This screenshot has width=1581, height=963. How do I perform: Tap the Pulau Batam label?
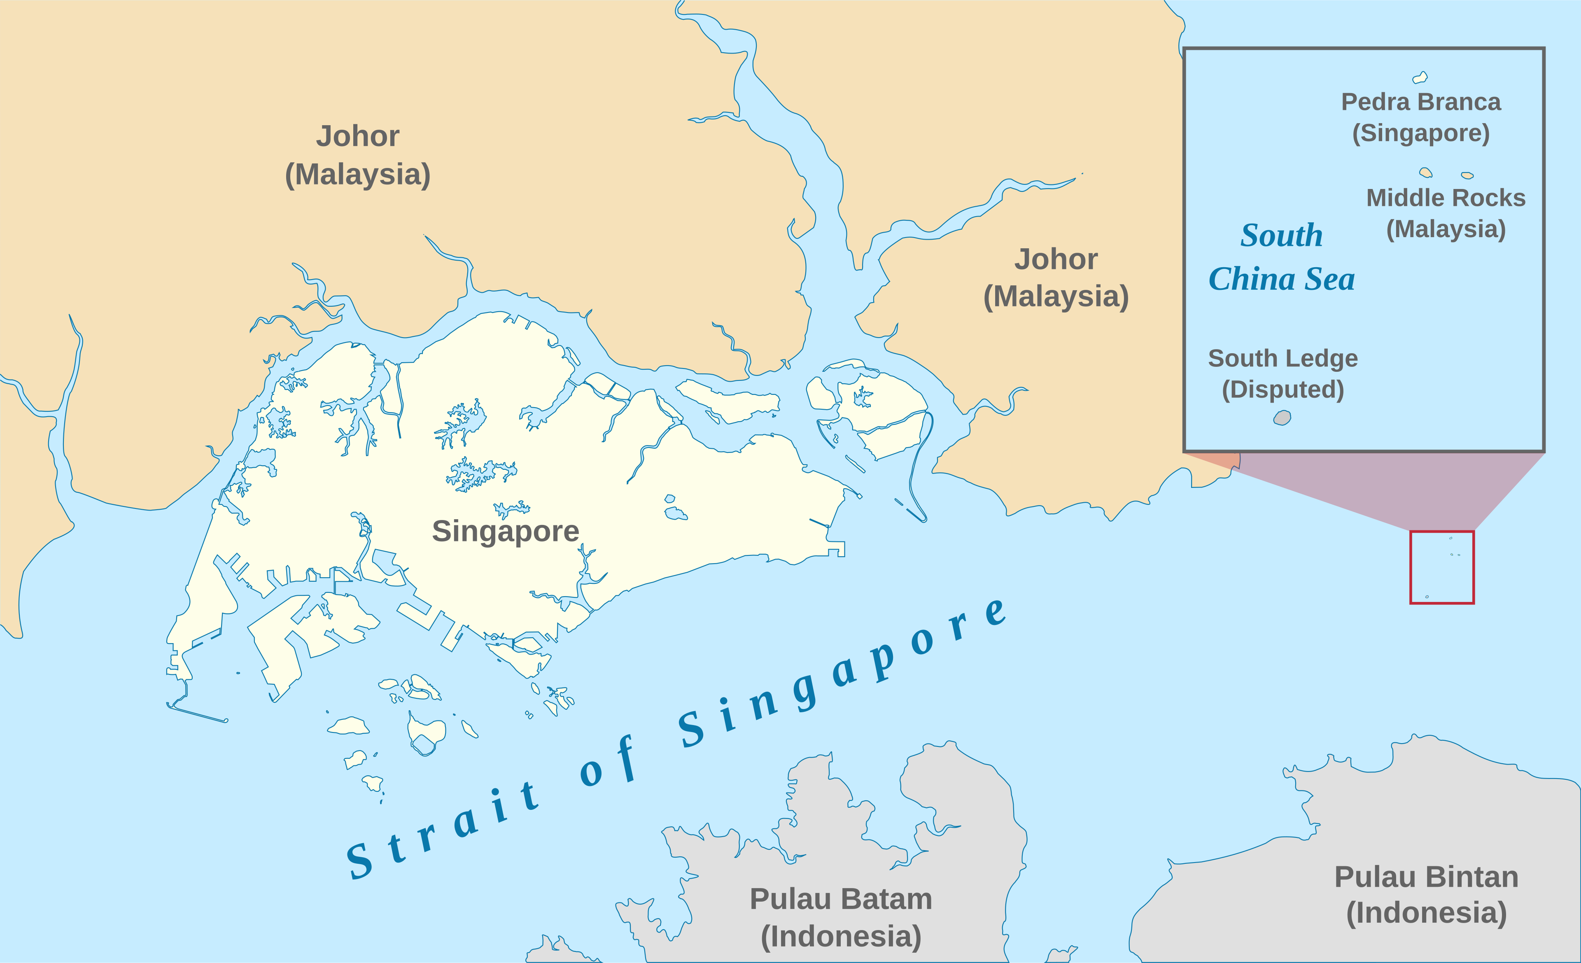(x=841, y=899)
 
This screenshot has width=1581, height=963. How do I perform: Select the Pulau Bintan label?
(x=1426, y=877)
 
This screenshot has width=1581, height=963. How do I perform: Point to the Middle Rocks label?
(x=1446, y=198)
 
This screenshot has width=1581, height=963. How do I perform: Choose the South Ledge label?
(x=1283, y=358)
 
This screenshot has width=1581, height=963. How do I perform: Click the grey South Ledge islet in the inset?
(x=1282, y=418)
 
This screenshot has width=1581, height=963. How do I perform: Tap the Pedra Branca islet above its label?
(x=1420, y=78)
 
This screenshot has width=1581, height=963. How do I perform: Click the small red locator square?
(x=1442, y=567)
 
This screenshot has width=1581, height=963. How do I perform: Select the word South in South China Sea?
(x=1281, y=236)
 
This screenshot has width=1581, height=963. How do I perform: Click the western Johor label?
(x=357, y=155)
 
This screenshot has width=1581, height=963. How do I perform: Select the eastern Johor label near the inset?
(x=1056, y=278)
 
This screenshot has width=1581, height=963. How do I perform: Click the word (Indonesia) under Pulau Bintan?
(x=1426, y=913)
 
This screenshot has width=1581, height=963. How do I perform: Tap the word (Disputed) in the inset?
(x=1283, y=389)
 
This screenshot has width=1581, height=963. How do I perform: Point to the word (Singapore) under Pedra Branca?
(x=1420, y=133)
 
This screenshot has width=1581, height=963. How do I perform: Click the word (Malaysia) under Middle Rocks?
(x=1446, y=229)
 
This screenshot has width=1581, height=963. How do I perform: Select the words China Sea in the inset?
(x=1281, y=280)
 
